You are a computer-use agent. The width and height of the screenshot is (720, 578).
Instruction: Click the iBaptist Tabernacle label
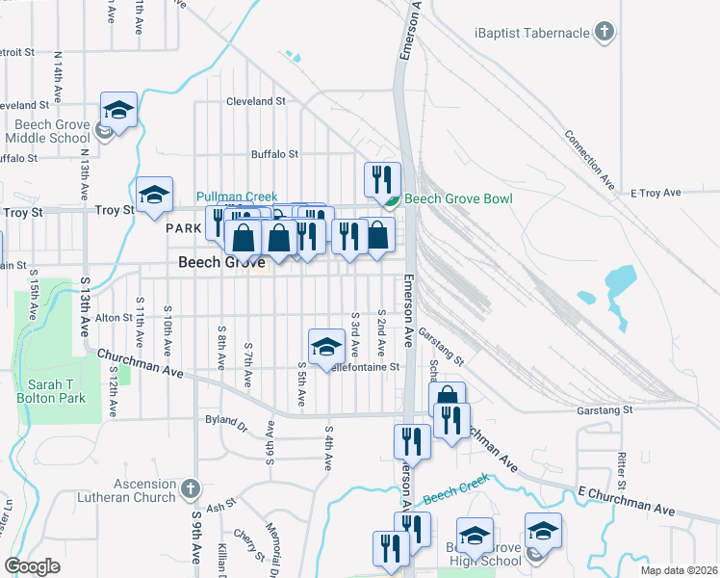532,33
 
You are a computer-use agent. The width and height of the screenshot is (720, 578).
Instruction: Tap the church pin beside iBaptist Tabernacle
604,33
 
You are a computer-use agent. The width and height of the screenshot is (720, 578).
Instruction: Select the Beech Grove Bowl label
457,198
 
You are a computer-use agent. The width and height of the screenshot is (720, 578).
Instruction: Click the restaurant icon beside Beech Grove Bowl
382,178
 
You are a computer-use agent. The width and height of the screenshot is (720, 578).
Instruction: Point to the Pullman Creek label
237,197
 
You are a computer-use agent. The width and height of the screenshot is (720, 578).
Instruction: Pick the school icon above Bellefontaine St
326,345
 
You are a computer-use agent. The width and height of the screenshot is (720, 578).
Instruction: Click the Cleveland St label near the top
256,100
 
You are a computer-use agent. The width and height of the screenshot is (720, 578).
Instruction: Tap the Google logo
32,566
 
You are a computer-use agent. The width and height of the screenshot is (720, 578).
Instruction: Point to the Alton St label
113,316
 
